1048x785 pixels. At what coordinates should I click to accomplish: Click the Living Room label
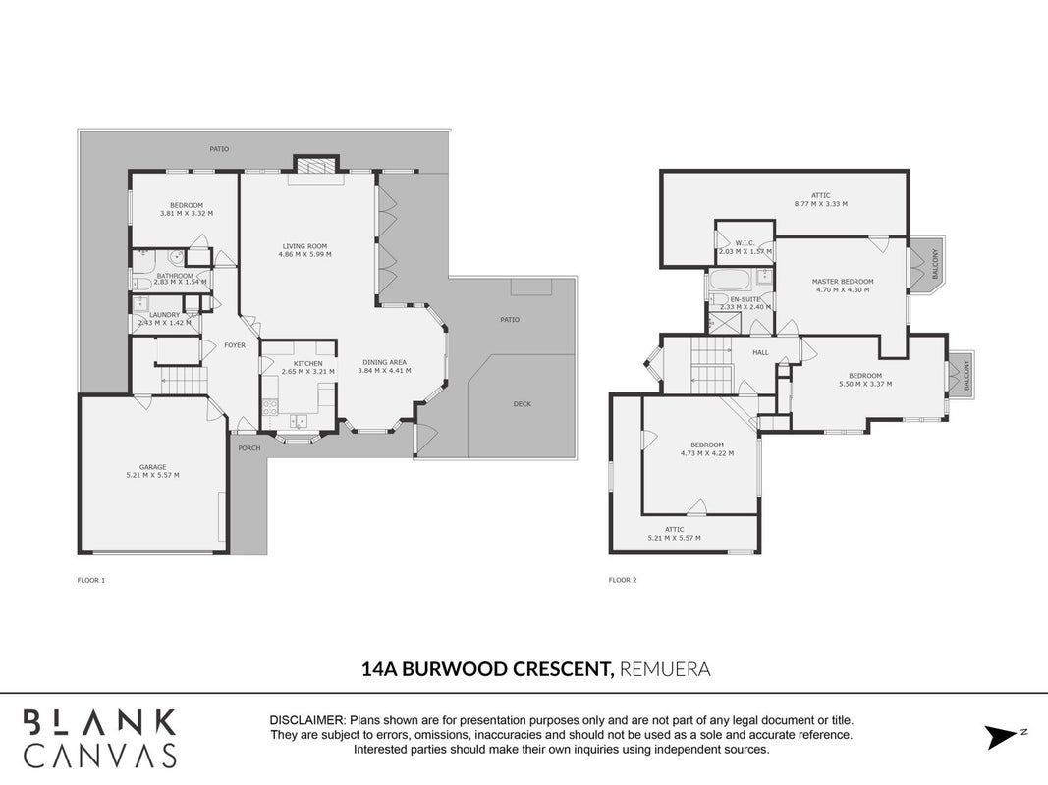coord(304,246)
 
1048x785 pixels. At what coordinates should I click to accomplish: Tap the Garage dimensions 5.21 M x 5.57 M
coord(152,475)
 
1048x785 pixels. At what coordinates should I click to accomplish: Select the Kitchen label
coord(308,364)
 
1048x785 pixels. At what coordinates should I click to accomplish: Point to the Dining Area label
coord(384,362)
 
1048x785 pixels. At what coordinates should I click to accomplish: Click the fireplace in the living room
coord(315,165)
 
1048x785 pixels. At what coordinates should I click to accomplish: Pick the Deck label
coord(523,404)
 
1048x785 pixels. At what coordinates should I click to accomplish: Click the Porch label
coord(249,447)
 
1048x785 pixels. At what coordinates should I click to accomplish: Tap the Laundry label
coord(164,315)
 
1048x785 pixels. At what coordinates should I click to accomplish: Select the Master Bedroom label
coord(843,282)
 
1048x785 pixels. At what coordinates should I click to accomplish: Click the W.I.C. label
coord(745,243)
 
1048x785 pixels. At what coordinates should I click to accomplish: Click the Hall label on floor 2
coord(760,352)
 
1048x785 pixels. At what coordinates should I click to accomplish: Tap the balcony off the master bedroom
coord(929,264)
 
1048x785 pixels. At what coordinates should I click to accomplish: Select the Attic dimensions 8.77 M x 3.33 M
coord(821,203)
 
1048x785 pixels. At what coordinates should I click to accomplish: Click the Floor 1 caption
coord(91,580)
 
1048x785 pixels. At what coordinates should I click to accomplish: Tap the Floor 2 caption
coord(623,580)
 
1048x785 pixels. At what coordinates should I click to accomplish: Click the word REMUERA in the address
coord(665,669)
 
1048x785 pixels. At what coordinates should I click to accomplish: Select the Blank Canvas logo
coord(100,738)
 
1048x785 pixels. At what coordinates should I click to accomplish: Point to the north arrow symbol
coord(1002,737)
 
